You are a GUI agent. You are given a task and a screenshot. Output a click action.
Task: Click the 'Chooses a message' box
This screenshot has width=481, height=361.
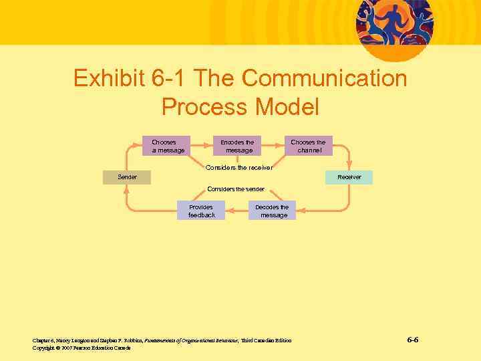click(166, 146)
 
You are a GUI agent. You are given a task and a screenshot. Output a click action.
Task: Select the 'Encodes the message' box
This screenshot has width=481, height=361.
click(239, 146)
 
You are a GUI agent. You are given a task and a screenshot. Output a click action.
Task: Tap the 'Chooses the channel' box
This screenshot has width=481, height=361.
click(308, 146)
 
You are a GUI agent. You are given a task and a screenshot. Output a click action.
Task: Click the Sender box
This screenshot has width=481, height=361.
click(127, 177)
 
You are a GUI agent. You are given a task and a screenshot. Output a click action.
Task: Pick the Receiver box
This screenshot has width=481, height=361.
click(349, 177)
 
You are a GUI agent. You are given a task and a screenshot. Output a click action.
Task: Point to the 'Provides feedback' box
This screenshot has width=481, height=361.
click(201, 211)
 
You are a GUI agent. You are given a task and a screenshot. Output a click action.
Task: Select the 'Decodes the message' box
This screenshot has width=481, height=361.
click(273, 211)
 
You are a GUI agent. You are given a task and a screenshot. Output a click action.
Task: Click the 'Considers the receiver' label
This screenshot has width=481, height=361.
click(238, 167)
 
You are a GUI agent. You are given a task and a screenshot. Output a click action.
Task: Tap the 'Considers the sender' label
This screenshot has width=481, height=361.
click(236, 189)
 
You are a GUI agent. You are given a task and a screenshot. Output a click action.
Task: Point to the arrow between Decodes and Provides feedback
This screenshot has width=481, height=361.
click(236, 211)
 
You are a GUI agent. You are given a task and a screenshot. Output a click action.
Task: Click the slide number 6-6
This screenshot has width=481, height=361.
click(413, 340)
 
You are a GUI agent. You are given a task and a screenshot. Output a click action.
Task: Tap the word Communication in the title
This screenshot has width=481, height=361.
click(324, 79)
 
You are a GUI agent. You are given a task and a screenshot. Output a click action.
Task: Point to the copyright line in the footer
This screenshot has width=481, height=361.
click(82, 348)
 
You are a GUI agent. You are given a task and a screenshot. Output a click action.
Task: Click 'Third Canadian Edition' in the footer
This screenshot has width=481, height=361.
click(266, 340)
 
